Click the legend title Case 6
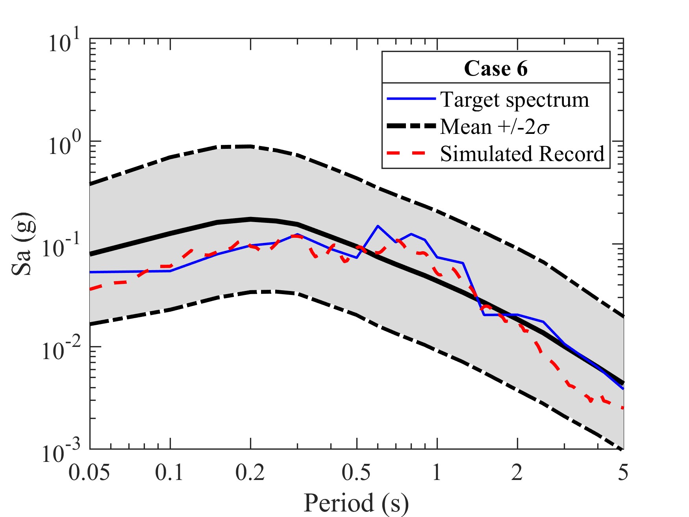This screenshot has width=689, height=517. pyautogui.click(x=496, y=69)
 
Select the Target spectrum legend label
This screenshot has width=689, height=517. pyautogui.click(x=515, y=100)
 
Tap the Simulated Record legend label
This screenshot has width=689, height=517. pyautogui.click(x=522, y=154)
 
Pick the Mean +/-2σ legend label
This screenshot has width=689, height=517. pyautogui.click(x=495, y=127)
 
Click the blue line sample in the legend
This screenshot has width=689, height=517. pyautogui.click(x=411, y=98)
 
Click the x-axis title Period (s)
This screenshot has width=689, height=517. pyautogui.click(x=356, y=503)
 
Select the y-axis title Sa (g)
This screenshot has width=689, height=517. pyautogui.click(x=23, y=244)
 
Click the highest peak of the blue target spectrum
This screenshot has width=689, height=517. pyautogui.click(x=378, y=226)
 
